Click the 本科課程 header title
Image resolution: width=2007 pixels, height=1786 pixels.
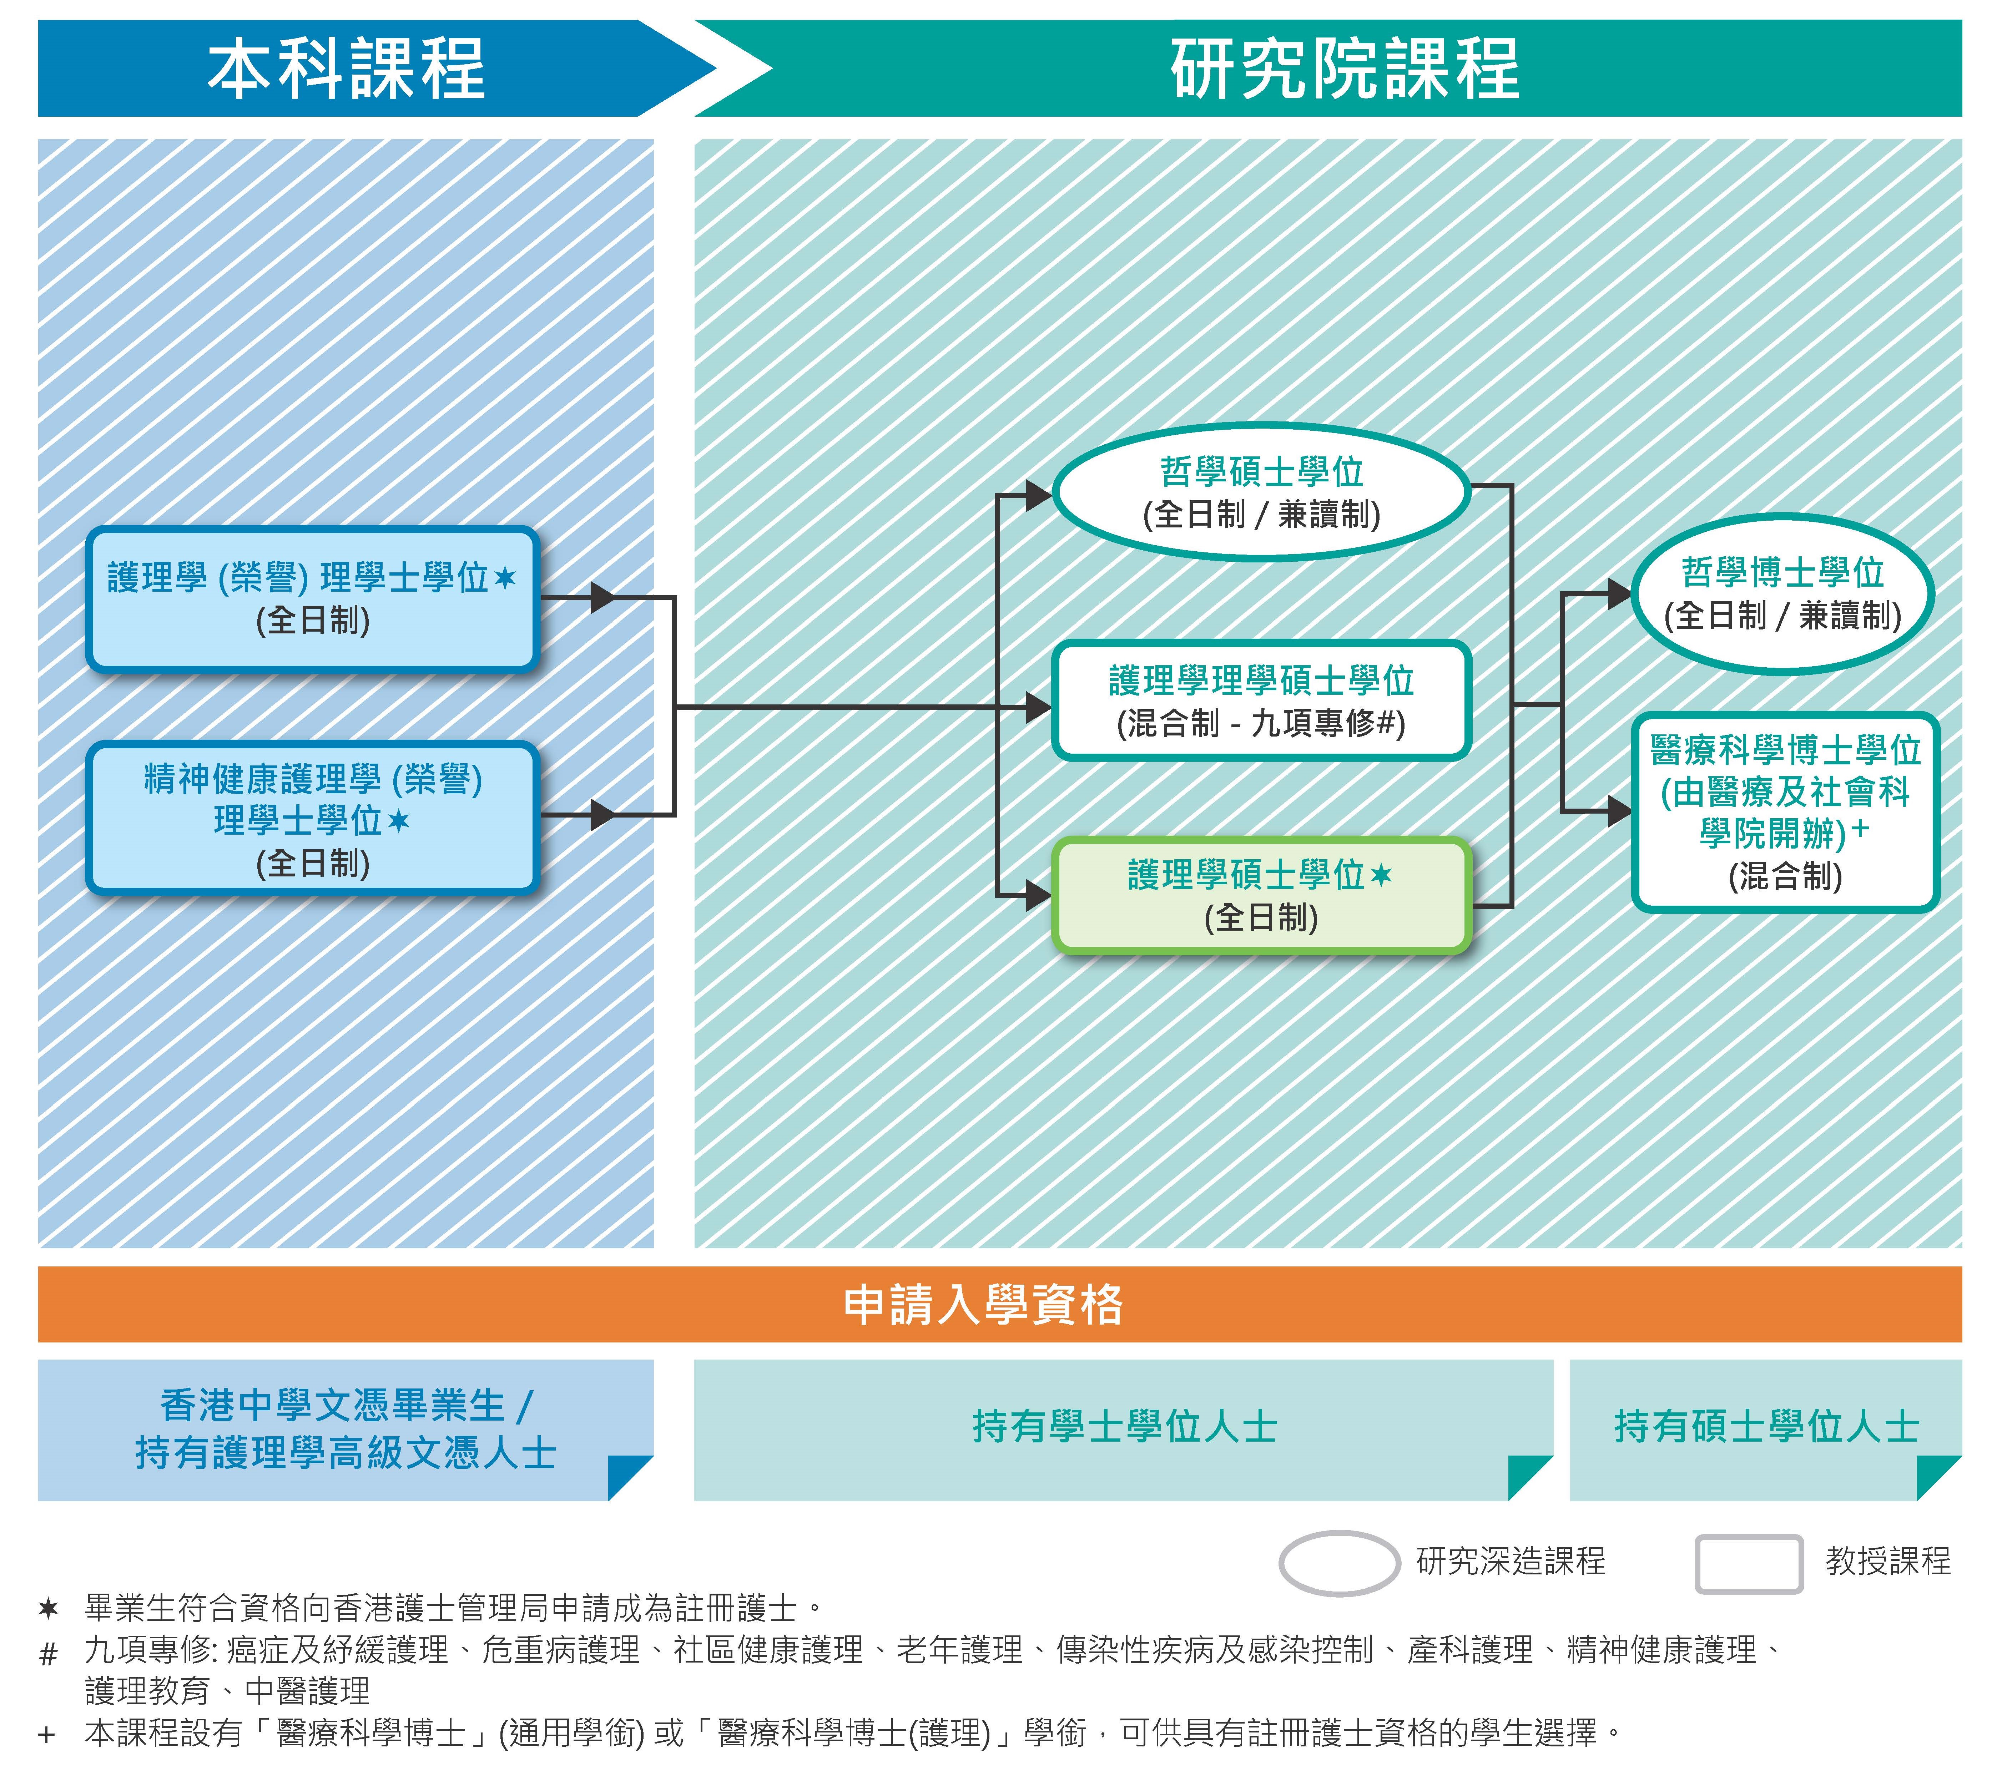point(346,69)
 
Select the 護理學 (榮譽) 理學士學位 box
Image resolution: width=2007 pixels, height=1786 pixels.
point(312,599)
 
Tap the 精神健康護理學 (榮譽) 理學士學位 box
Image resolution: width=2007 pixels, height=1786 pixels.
point(312,818)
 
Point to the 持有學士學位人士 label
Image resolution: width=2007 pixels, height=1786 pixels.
point(1124,1427)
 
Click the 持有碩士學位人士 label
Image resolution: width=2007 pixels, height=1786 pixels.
point(1765,1427)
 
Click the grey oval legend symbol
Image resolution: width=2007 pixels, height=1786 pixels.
point(1339,1562)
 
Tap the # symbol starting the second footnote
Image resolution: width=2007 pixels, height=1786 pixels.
point(48,1654)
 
